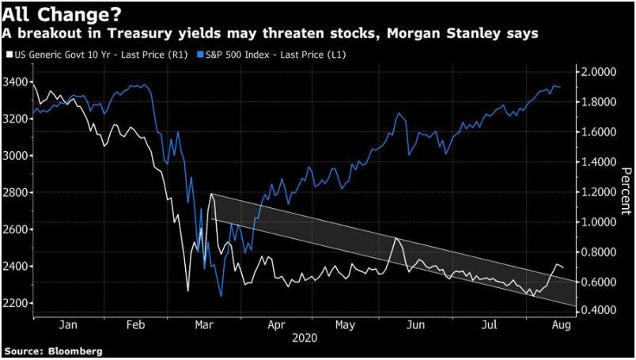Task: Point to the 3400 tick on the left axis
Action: (x=17, y=82)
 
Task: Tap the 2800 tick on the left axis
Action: (x=17, y=192)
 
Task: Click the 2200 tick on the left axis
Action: (x=17, y=303)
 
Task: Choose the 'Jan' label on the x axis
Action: (x=68, y=324)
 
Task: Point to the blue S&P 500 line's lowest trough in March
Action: (x=220, y=296)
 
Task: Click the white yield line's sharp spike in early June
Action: (x=396, y=238)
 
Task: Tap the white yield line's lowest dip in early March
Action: (x=188, y=290)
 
